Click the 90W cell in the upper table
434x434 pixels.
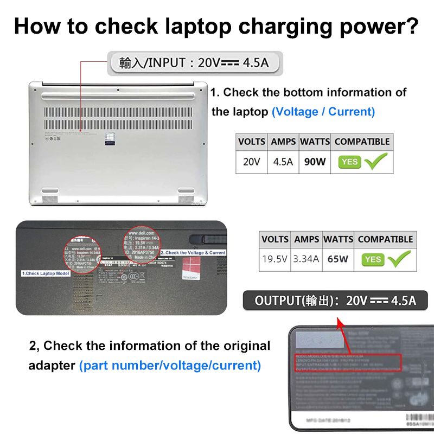315,162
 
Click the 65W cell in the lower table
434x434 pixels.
337,259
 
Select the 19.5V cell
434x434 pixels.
275,259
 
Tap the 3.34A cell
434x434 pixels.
307,259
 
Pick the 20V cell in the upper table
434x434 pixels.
251,162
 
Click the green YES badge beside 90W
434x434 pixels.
349,162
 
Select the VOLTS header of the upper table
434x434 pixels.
251,142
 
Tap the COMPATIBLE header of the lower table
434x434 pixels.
385,239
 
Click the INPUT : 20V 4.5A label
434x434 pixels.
194,63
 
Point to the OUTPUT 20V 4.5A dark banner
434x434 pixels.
335,300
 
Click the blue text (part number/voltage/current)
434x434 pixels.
170,366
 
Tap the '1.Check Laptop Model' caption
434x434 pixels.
46,273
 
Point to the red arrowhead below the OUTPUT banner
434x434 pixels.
341,324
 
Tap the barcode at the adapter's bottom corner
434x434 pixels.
418,420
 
